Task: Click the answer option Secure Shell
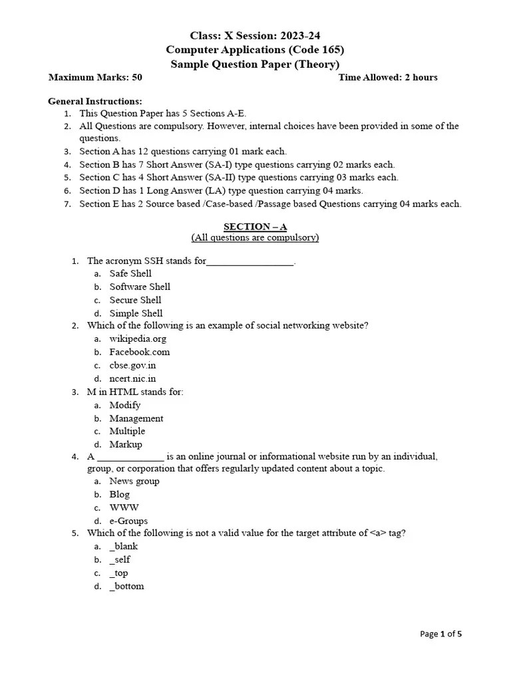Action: click(x=135, y=300)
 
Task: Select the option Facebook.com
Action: click(x=140, y=352)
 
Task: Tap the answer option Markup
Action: click(x=126, y=444)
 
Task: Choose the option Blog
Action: click(x=120, y=494)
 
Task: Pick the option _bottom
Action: click(x=126, y=586)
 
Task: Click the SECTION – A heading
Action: click(x=255, y=227)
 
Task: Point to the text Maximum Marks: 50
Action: click(x=95, y=77)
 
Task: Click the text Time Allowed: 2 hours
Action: click(x=388, y=77)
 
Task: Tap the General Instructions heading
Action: click(x=95, y=101)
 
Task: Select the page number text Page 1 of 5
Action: click(x=441, y=634)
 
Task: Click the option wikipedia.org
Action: click(x=138, y=339)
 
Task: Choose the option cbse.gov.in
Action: click(x=132, y=365)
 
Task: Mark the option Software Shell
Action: click(x=140, y=287)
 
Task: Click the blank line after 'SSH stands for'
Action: click(x=250, y=262)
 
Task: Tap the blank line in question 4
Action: click(x=130, y=458)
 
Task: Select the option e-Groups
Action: click(x=128, y=521)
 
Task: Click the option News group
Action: click(x=134, y=481)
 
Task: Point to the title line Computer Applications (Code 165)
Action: click(x=255, y=50)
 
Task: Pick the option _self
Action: click(x=120, y=559)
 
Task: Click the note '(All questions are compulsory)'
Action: click(x=255, y=237)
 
